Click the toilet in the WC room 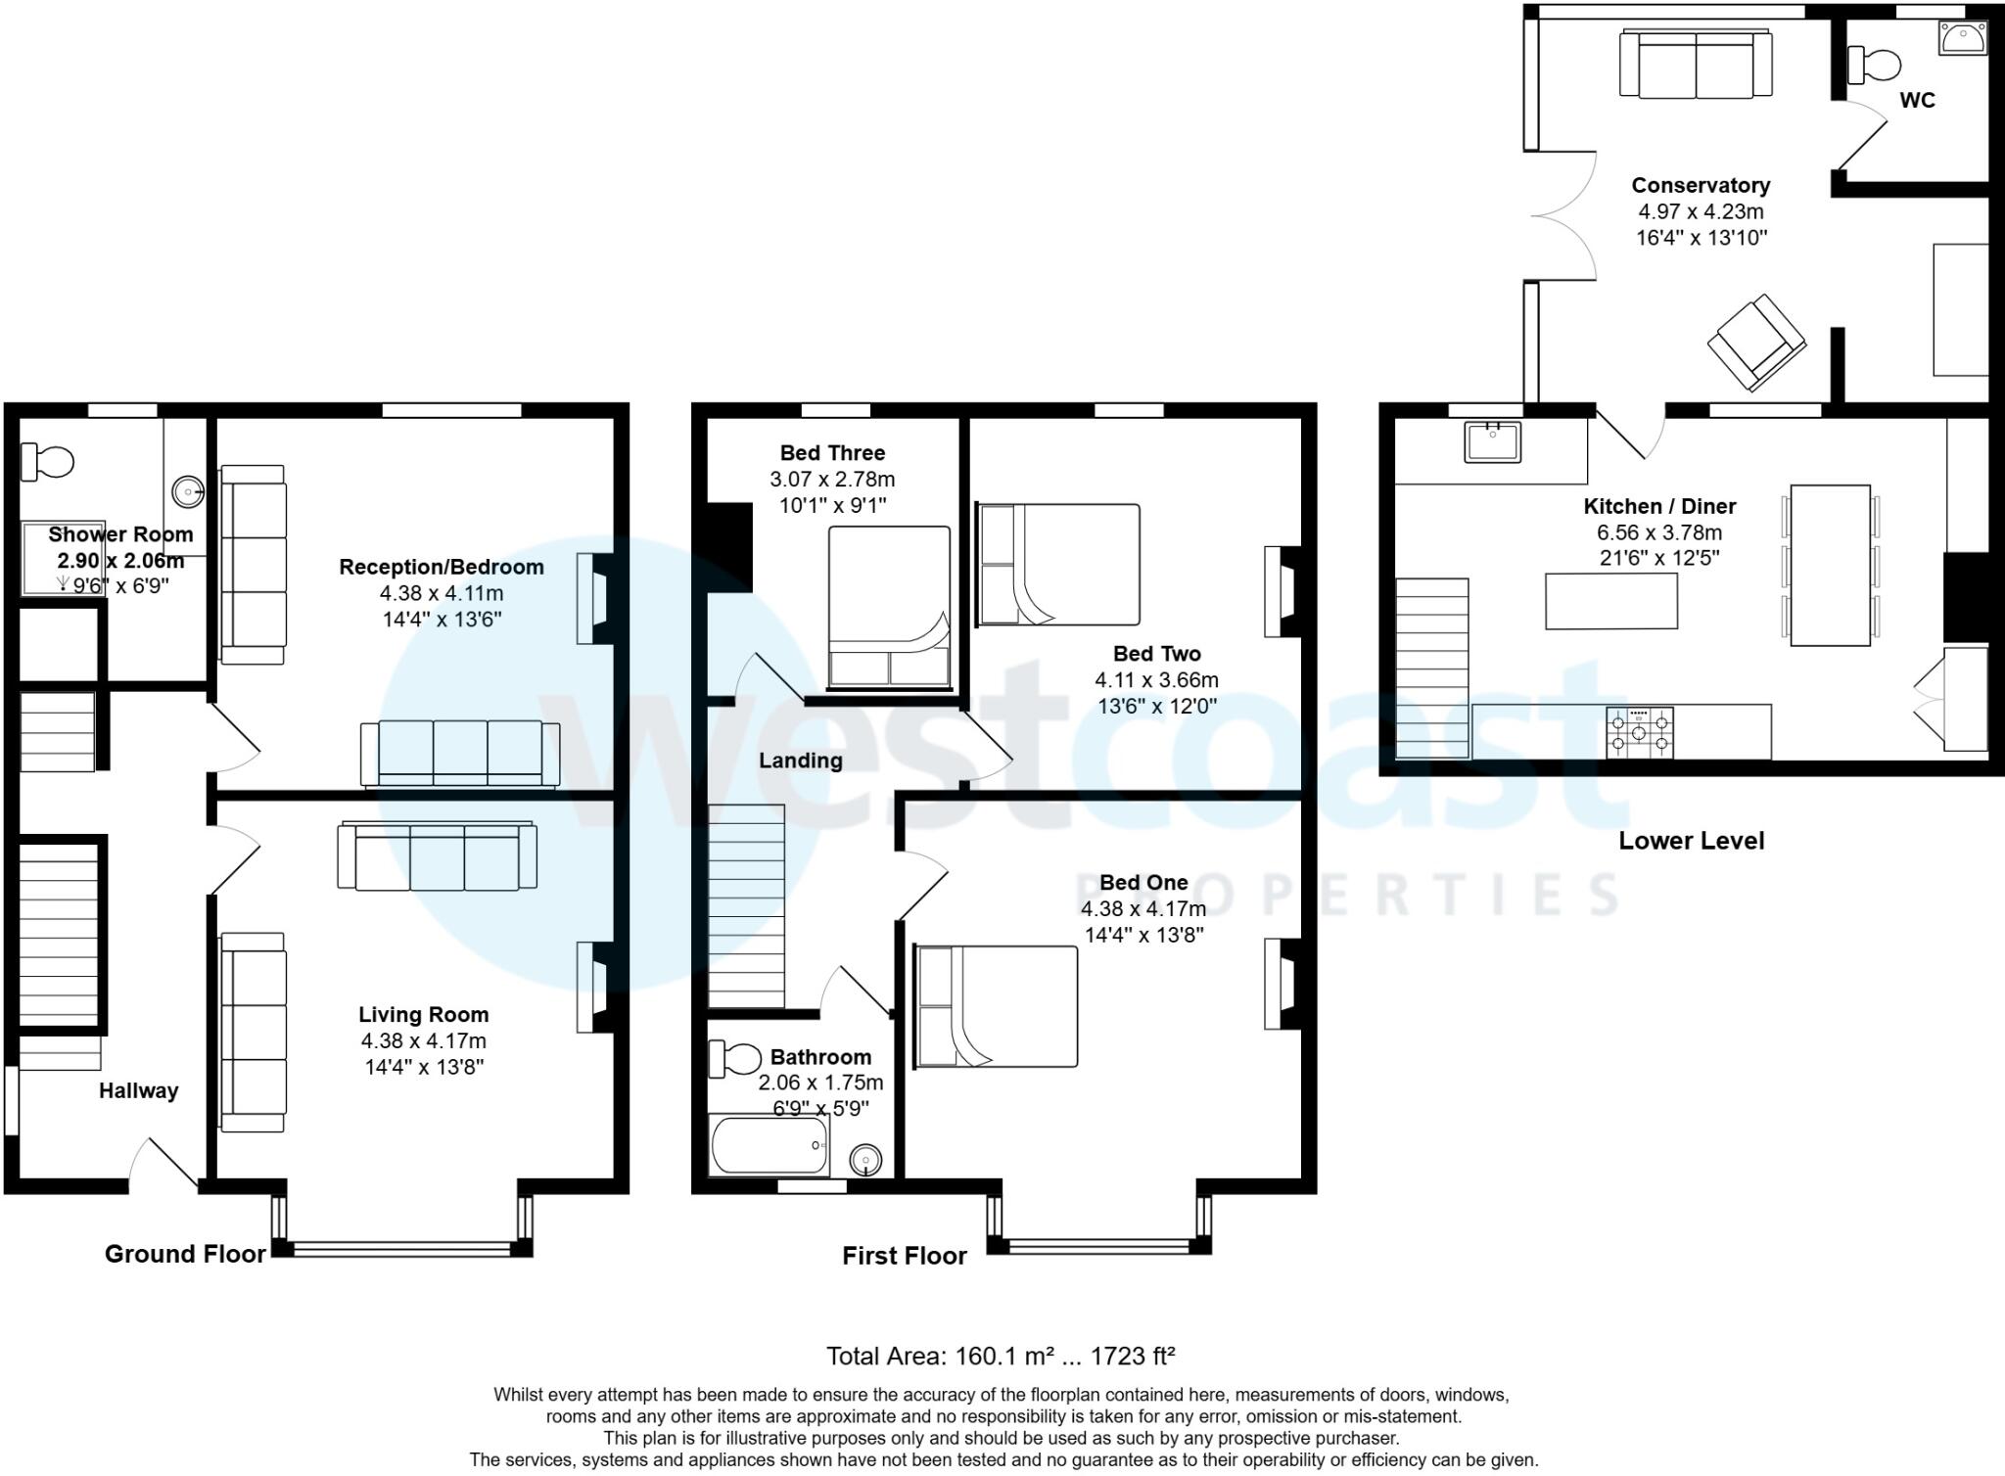[x=1874, y=66]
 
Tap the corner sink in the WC [x=1964, y=37]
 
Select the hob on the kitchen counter [x=1640, y=732]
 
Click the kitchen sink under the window [x=1492, y=441]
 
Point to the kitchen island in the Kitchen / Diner [x=1610, y=601]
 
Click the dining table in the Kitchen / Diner [x=1830, y=565]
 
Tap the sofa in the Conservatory [x=1696, y=64]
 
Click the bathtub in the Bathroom [x=769, y=1145]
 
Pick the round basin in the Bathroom [x=865, y=1161]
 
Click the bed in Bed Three [x=889, y=607]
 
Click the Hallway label [x=138, y=1090]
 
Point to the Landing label [x=800, y=761]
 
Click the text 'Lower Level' [x=1691, y=841]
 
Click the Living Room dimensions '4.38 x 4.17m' [x=423, y=1041]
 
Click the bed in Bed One [x=996, y=1006]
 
